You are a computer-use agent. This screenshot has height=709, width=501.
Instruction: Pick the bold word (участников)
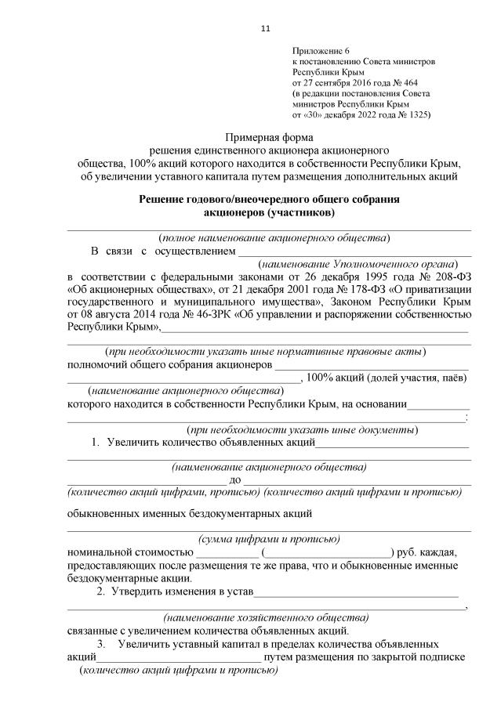coord(301,212)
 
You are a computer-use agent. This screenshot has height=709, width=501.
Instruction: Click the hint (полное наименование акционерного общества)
coord(274,237)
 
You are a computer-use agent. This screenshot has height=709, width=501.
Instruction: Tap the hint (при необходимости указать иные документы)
coord(302,429)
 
